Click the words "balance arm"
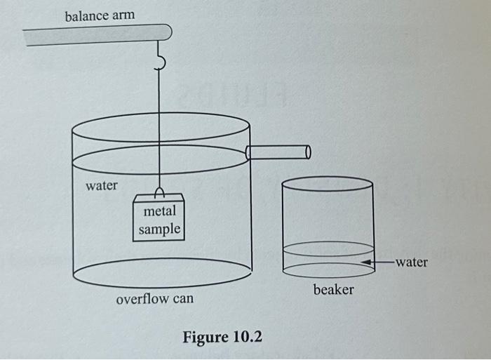click(x=100, y=15)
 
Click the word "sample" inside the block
click(x=159, y=229)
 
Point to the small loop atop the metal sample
click(x=159, y=191)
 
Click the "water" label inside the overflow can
click(x=102, y=186)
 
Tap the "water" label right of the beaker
click(x=411, y=262)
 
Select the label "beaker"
click(x=333, y=289)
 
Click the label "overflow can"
click(x=154, y=300)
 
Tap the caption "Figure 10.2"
click(x=222, y=337)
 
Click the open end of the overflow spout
click(x=308, y=152)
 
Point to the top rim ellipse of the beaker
click(x=327, y=184)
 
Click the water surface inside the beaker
click(x=328, y=248)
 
